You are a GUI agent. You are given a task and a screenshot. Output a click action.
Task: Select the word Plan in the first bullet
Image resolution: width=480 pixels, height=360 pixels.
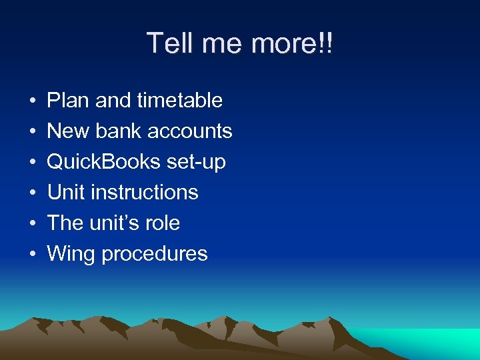tap(69, 101)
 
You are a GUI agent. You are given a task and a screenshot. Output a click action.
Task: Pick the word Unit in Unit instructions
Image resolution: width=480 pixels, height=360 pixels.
tap(66, 193)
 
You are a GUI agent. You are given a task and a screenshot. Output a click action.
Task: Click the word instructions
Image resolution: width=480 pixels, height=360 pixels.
tap(145, 193)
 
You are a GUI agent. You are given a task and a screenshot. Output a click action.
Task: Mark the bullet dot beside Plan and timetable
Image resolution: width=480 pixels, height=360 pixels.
tap(32, 101)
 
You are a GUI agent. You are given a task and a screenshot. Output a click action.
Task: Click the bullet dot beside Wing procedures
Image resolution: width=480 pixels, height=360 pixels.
tap(32, 255)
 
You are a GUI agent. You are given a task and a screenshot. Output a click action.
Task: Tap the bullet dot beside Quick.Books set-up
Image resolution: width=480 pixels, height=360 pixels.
tap(32, 163)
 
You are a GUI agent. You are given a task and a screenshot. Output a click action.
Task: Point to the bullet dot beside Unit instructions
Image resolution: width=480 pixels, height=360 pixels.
tap(32, 193)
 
